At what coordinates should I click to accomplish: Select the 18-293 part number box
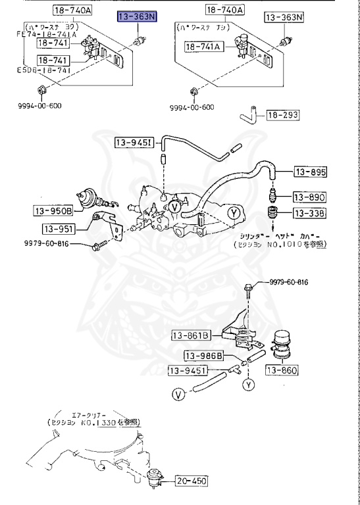click(282, 115)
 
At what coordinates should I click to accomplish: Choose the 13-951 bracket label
click(59, 229)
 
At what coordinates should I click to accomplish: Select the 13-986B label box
click(203, 356)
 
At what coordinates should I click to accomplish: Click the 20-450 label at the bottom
click(192, 481)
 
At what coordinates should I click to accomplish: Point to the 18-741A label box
click(204, 47)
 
